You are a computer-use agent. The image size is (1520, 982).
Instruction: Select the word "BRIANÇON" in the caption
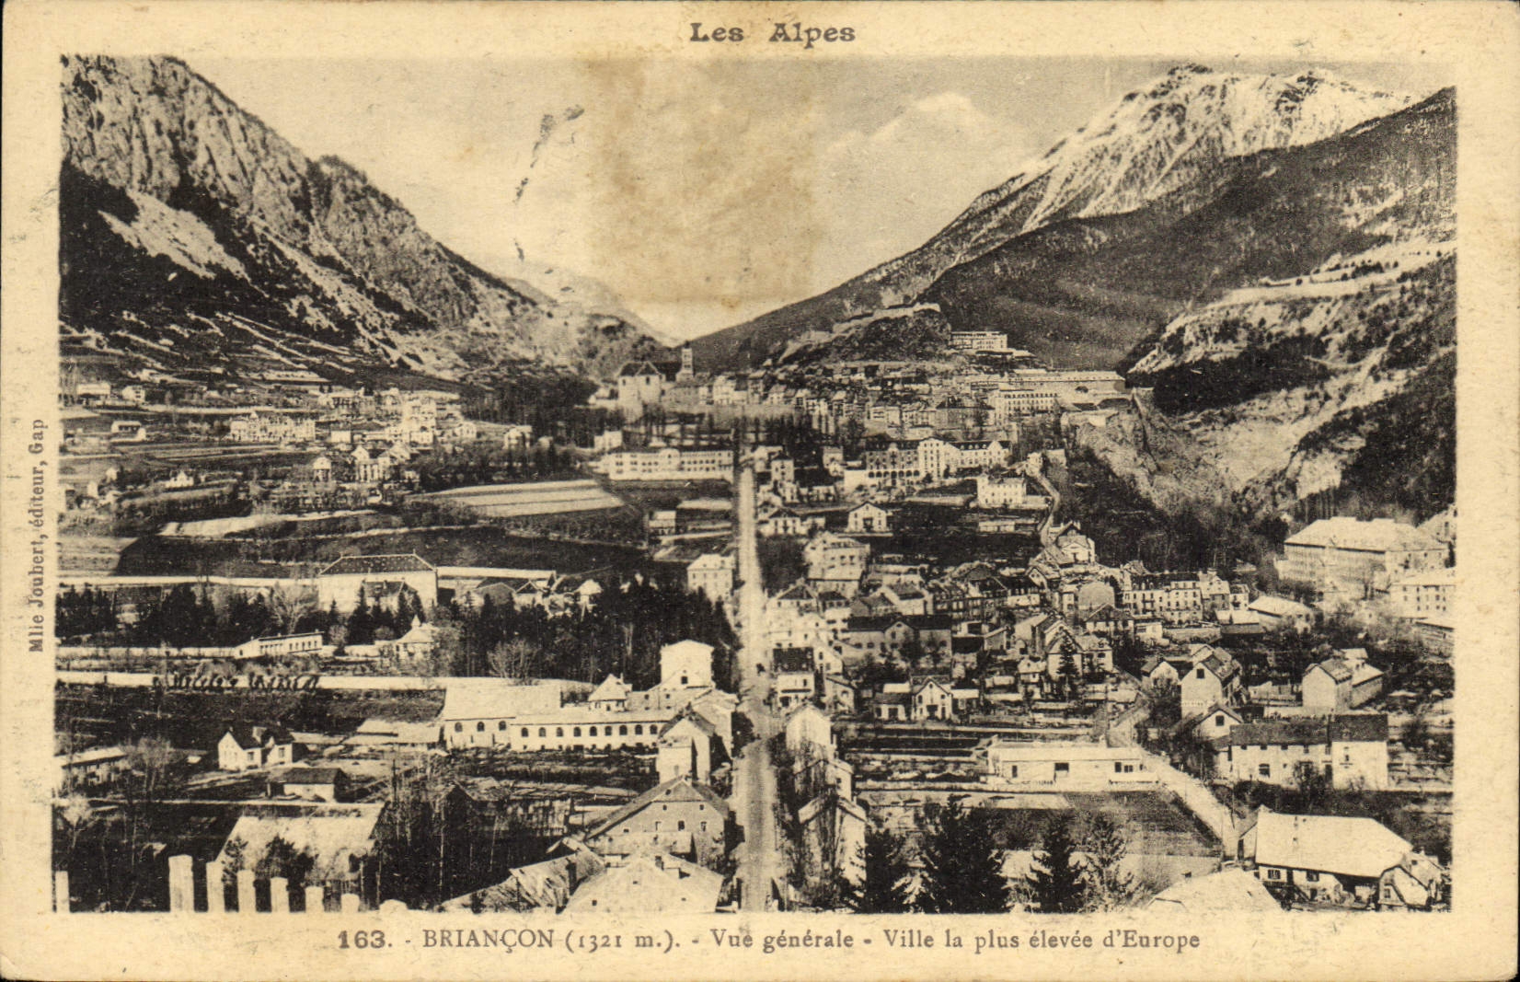tap(488, 940)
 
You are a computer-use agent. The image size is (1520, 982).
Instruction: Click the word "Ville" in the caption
tap(907, 941)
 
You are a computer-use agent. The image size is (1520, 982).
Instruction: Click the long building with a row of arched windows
tap(589, 728)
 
